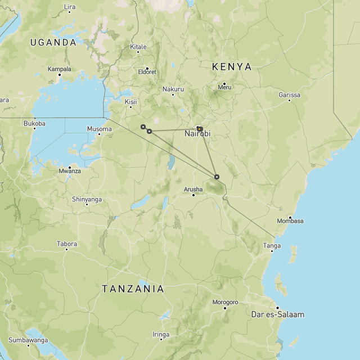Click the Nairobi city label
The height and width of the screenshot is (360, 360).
pos(197,134)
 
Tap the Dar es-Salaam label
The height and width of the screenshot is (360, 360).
pos(277,314)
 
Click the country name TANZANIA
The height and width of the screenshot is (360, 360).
pos(133,289)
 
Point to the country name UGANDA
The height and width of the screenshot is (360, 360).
pos(53,42)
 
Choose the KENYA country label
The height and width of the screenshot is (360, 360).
pos(232,66)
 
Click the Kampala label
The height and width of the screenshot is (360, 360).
pos(60,69)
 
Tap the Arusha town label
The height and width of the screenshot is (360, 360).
pos(193,189)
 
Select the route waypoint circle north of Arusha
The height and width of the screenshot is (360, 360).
pos(217,177)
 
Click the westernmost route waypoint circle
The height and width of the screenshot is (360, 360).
pos(143,127)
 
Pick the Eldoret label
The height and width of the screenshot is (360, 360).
pos(147,72)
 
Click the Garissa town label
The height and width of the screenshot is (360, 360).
pos(289,95)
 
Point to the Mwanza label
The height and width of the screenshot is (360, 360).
pos(69,171)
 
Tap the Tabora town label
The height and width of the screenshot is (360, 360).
pos(66,244)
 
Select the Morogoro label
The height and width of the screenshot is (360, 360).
pos(225,302)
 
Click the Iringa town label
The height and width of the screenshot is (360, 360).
pos(160,334)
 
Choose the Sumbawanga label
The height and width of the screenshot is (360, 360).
pos(28,340)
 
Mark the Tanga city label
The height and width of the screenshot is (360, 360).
pos(272,246)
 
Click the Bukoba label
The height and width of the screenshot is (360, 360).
pos(34,123)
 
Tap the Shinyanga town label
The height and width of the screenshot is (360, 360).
pos(87,199)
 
